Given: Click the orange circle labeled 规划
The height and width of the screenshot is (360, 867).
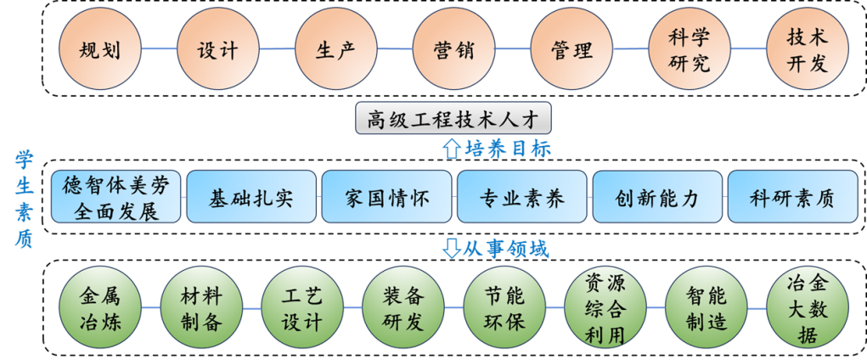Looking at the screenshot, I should tap(99, 49).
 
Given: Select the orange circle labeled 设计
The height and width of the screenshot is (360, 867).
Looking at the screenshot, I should tap(217, 49).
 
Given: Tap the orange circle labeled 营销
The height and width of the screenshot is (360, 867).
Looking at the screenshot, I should tap(453, 49).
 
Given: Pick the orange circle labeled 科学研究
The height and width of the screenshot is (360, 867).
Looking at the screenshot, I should tap(689, 49).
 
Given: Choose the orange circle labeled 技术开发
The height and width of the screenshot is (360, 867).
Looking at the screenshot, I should tap(807, 49).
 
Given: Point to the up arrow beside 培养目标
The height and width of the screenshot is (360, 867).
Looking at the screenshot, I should tap(451, 149).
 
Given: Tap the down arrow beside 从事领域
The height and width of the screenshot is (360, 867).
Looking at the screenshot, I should tap(451, 249).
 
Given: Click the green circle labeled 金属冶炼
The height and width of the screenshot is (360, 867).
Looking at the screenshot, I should tap(99, 308).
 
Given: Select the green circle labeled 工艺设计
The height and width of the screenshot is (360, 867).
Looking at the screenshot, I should tap(301, 308).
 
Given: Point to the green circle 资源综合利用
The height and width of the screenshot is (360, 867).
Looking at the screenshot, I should tap(605, 308).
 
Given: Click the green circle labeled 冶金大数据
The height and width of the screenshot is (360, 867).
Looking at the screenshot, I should tap(807, 308).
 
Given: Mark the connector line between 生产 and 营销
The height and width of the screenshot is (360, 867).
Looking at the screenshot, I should tap(394, 49).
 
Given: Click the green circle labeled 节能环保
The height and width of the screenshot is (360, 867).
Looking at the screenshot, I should tap(504, 308).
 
